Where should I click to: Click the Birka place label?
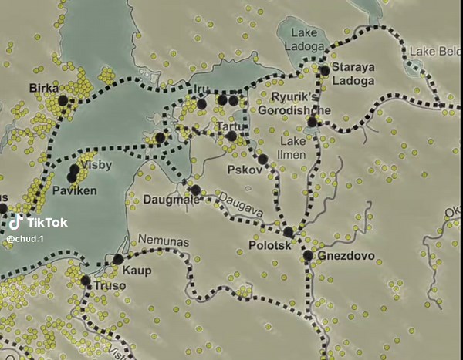[43, 88]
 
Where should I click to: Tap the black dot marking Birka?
[63, 100]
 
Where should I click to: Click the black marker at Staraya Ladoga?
[325, 70]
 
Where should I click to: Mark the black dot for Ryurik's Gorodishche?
[313, 122]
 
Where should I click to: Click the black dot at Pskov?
[262, 160]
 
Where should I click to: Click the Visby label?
[98, 166]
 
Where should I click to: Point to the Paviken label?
[74, 190]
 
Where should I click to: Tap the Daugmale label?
[171, 200]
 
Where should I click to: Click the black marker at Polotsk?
[289, 232]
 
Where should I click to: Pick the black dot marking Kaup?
[118, 259]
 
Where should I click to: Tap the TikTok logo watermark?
[37, 224]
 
